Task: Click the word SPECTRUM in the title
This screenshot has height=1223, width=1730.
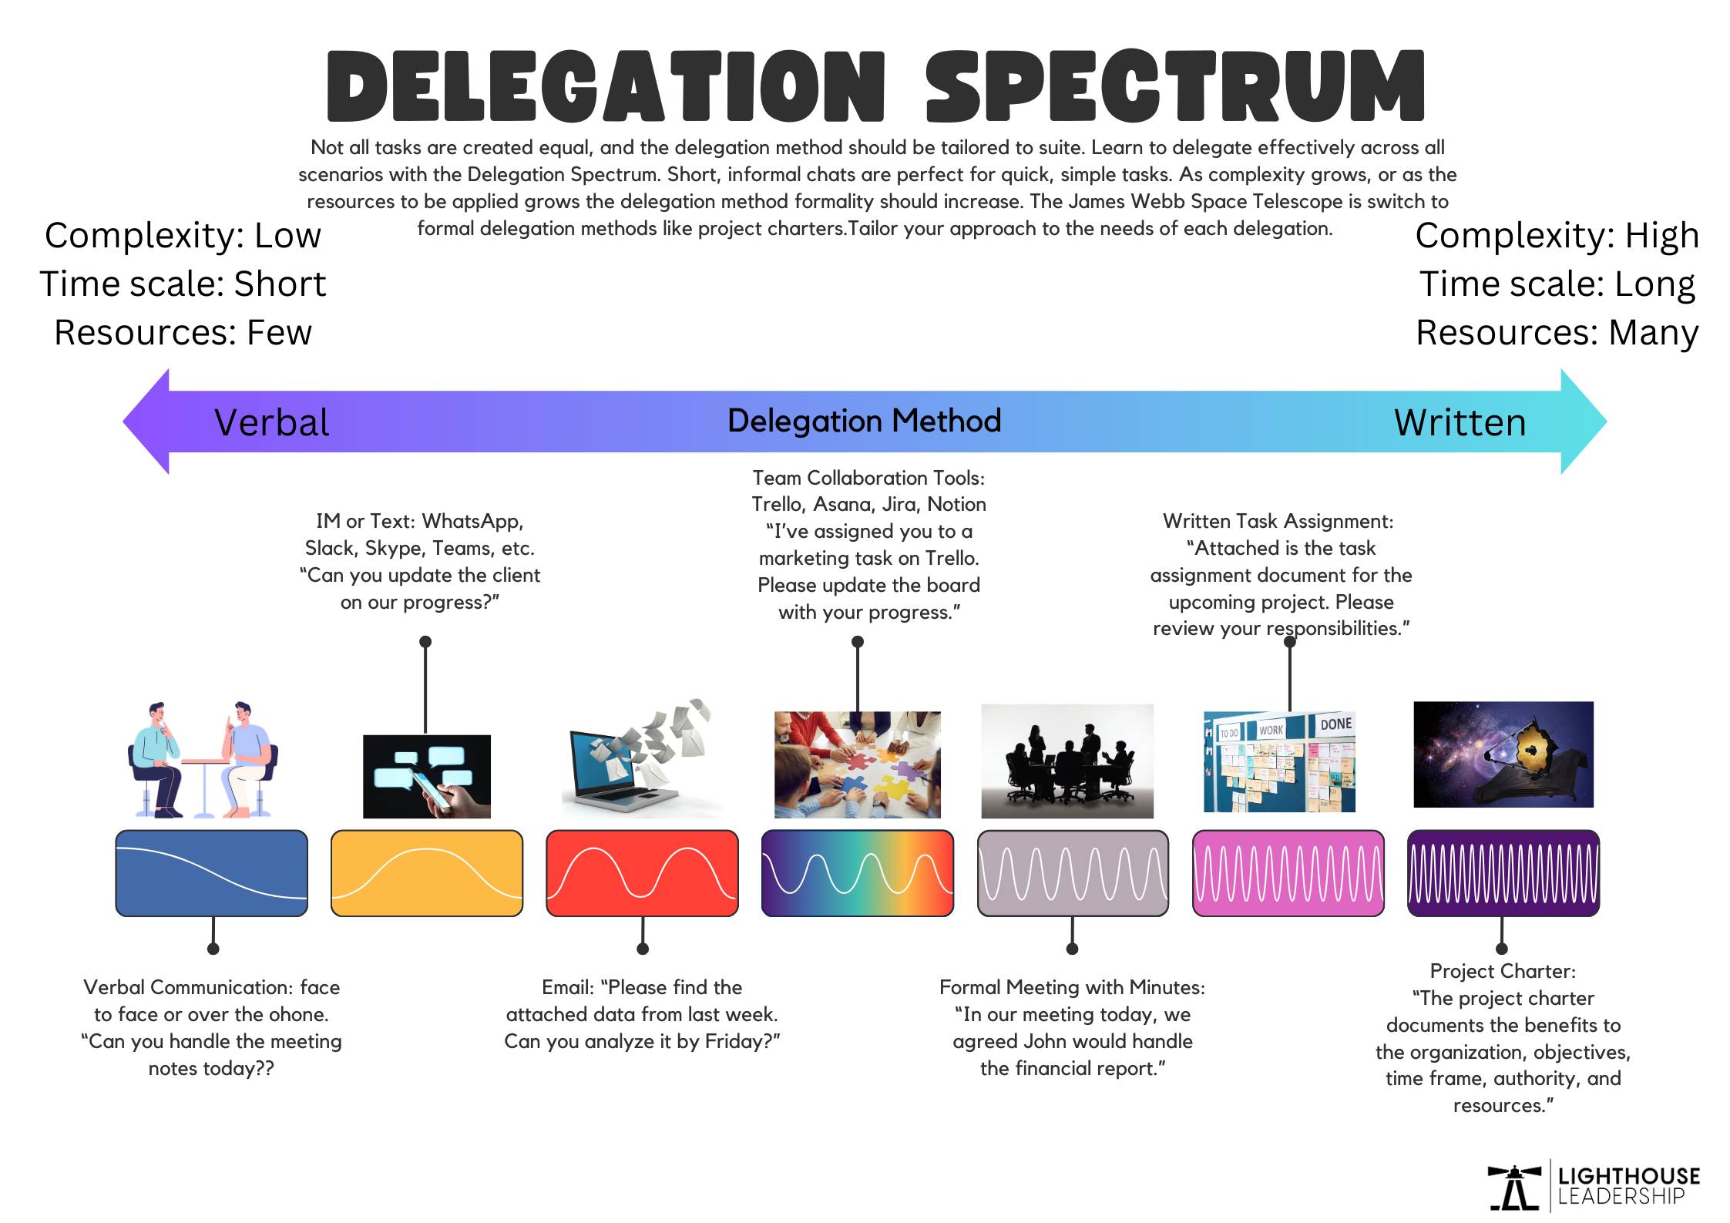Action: click(1174, 86)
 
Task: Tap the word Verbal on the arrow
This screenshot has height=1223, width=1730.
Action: click(271, 422)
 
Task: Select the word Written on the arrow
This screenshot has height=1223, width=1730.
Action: click(1460, 422)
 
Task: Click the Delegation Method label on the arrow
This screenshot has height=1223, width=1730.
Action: click(864, 421)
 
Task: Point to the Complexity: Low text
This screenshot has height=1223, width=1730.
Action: click(183, 235)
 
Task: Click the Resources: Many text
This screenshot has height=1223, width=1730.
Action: click(1557, 332)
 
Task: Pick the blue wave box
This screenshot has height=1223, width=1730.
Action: click(211, 873)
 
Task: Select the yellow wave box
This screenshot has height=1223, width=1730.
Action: click(426, 873)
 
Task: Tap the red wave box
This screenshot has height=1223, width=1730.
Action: click(642, 873)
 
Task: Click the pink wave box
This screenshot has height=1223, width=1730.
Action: click(1288, 873)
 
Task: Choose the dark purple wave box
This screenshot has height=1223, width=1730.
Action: click(1503, 873)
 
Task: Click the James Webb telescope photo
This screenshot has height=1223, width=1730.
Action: click(1503, 754)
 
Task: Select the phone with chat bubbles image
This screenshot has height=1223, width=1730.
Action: click(426, 776)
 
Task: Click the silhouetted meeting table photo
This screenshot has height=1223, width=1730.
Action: click(1067, 761)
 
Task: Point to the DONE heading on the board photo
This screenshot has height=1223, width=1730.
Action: click(1335, 724)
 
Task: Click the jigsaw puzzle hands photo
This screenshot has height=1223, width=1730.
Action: click(857, 764)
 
